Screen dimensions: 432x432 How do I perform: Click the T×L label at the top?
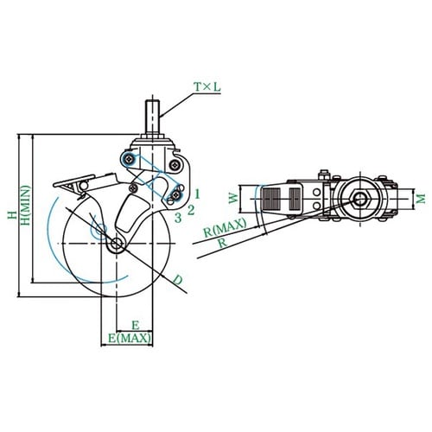coord(207,87)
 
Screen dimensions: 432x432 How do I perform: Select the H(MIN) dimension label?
coord(26,205)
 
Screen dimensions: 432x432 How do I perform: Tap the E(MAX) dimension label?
coord(130,338)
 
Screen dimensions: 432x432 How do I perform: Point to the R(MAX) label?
coord(225,227)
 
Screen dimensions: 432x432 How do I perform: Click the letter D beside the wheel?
coord(178,280)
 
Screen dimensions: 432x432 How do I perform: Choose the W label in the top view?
coord(234,198)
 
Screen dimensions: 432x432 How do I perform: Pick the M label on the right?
coord(421,199)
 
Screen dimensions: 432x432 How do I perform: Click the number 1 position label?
coord(197,194)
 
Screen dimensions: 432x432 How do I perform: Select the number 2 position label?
coord(191,210)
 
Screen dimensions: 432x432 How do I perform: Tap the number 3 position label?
coord(178,218)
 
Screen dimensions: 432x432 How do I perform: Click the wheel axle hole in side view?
coord(117,244)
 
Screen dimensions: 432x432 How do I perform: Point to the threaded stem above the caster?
coord(152,117)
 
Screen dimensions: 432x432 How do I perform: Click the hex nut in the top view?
coord(359,199)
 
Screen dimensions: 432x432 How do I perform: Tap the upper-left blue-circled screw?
coord(128,159)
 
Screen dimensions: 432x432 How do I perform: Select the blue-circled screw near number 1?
coord(175,195)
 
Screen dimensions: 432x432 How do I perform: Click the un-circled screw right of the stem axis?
coord(175,165)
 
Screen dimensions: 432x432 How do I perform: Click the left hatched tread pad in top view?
coord(271,199)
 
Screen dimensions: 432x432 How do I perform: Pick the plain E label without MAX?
coord(136,325)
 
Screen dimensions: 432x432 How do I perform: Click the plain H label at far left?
coord(12,215)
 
